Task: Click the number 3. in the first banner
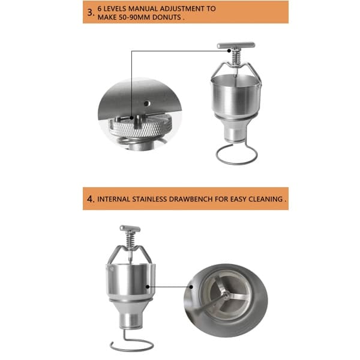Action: click(x=91, y=13)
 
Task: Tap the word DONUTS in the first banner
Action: click(x=167, y=17)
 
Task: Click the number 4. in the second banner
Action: click(x=91, y=199)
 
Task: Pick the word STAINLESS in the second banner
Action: click(x=149, y=199)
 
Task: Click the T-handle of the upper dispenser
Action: click(x=236, y=45)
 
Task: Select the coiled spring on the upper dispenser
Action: click(x=236, y=57)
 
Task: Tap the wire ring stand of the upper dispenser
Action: click(x=237, y=155)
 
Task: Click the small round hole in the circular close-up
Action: click(x=147, y=103)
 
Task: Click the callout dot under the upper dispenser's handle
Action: click(x=229, y=51)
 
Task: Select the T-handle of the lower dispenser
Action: click(x=130, y=229)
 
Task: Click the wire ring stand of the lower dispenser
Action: click(x=132, y=344)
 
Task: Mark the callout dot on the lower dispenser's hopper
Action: click(x=148, y=287)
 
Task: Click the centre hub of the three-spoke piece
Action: click(x=226, y=293)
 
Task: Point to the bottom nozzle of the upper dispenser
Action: click(x=235, y=134)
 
